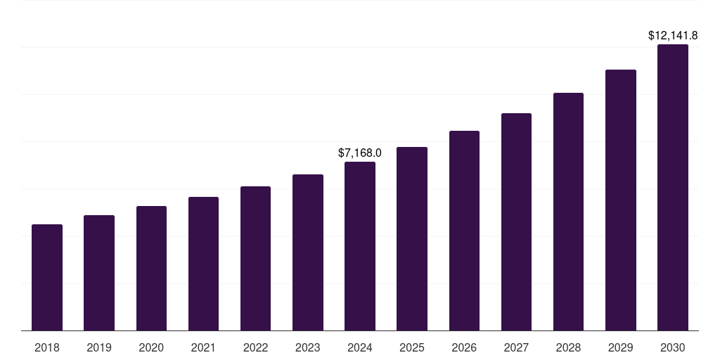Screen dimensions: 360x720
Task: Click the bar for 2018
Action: pyautogui.click(x=47, y=278)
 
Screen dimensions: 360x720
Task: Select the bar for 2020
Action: pyautogui.click(x=151, y=269)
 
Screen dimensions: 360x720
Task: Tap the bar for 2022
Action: pyautogui.click(x=255, y=259)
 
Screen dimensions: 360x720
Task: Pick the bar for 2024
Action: pyautogui.click(x=360, y=246)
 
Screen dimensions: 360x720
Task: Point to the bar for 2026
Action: pyautogui.click(x=464, y=231)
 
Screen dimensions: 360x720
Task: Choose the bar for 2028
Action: pyautogui.click(x=568, y=212)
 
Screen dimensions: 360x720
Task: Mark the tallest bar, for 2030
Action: pyautogui.click(x=672, y=188)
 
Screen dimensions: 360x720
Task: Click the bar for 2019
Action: pyautogui.click(x=99, y=273)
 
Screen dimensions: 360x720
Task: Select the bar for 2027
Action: pyautogui.click(x=516, y=222)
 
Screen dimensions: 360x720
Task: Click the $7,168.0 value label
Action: pyautogui.click(x=360, y=153)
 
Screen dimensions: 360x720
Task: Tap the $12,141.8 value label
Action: pyautogui.click(x=672, y=35)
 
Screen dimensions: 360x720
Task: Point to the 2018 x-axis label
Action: pyautogui.click(x=47, y=347)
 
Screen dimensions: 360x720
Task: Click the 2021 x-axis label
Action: pyautogui.click(x=203, y=347)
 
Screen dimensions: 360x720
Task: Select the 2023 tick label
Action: pyautogui.click(x=307, y=347)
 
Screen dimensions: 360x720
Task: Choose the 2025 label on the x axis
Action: pyautogui.click(x=412, y=347)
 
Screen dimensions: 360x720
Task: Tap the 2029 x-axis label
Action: pyautogui.click(x=620, y=347)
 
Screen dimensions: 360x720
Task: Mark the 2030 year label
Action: pyautogui.click(x=672, y=347)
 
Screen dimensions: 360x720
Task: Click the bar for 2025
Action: pyautogui.click(x=412, y=239)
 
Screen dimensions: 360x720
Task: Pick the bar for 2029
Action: pyautogui.click(x=620, y=200)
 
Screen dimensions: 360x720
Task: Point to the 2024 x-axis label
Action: pyautogui.click(x=360, y=347)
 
